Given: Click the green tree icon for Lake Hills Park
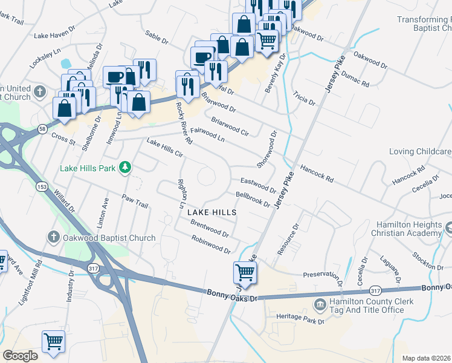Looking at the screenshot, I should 125,166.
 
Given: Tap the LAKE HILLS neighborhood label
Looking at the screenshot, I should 211,213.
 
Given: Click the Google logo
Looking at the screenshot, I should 20,356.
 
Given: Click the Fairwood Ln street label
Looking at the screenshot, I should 207,134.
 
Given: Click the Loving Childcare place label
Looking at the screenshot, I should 421,151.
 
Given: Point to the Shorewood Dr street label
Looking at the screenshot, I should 266,149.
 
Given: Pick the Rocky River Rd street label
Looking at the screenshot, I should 184,123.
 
